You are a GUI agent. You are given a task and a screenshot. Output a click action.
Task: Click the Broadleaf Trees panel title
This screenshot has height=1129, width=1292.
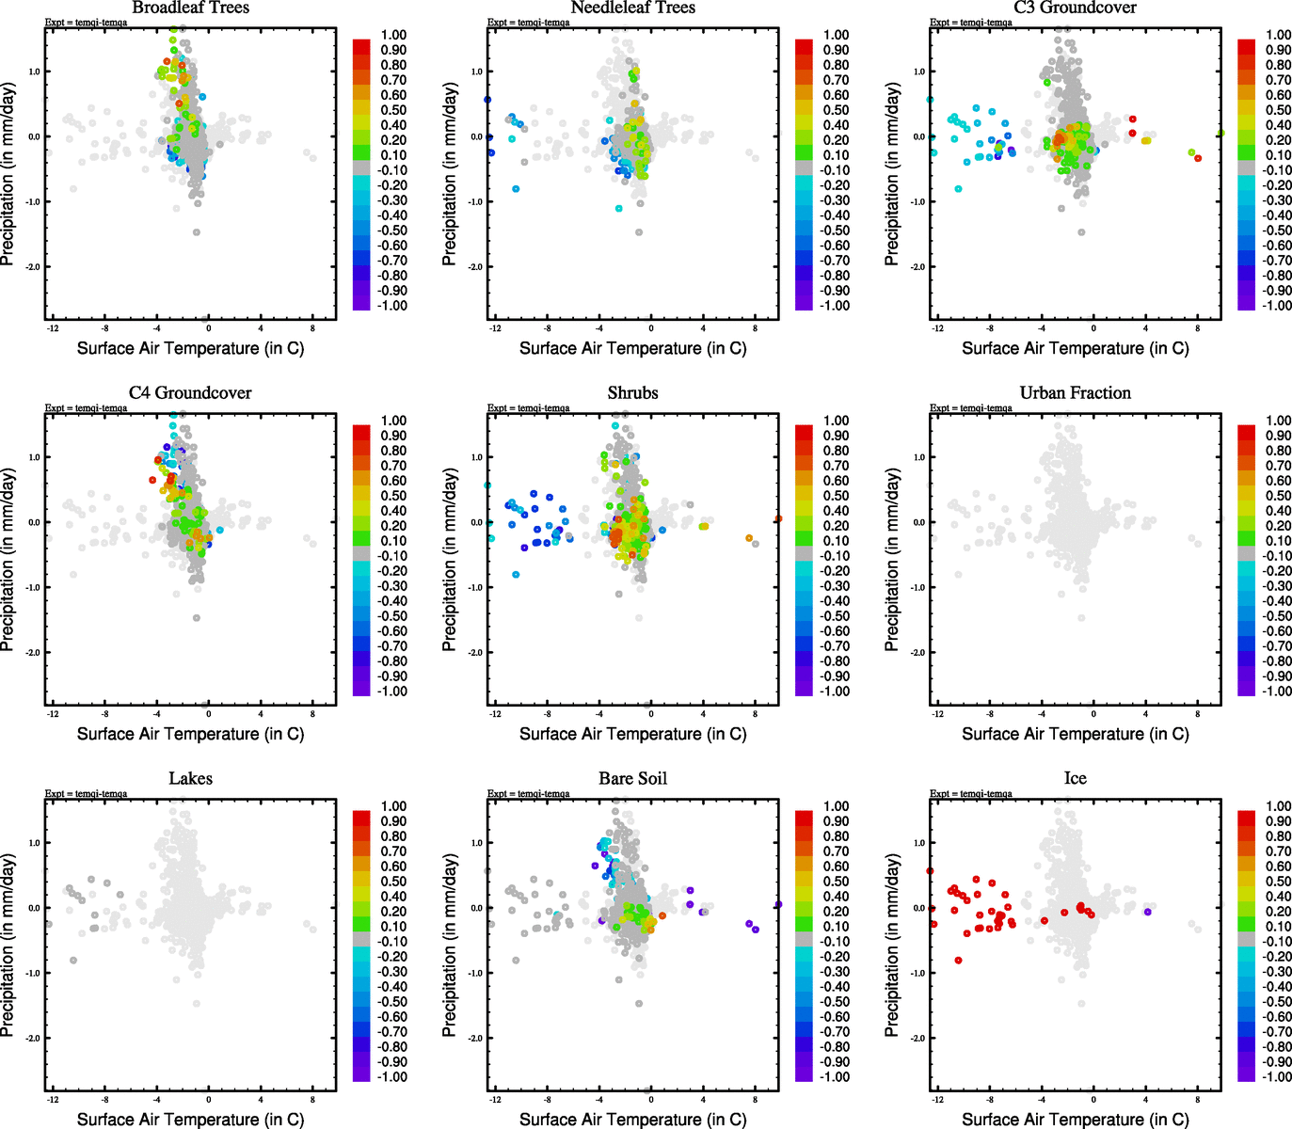[x=190, y=8]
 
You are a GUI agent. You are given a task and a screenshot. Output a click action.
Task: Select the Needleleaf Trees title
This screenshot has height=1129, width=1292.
[x=632, y=8]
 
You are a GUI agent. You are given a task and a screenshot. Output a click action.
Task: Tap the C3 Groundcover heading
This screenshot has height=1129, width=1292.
[x=1075, y=8]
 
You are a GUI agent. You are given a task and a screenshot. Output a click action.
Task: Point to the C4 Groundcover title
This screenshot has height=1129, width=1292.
[x=190, y=393]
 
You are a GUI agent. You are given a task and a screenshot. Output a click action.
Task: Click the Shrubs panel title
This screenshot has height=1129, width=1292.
[x=632, y=393]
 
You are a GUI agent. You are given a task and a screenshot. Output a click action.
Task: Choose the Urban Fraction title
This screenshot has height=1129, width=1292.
[x=1075, y=393]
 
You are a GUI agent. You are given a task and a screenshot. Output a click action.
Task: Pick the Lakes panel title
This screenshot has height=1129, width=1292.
[x=190, y=779]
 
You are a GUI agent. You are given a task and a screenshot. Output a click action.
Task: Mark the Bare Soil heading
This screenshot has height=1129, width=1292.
[x=632, y=779]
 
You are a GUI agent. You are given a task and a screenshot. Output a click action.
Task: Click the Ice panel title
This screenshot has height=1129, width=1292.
[x=1075, y=779]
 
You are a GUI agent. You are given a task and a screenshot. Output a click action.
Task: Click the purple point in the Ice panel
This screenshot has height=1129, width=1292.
[x=1147, y=912]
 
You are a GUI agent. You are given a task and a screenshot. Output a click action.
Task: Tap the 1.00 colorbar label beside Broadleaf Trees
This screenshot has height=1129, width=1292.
[x=393, y=35]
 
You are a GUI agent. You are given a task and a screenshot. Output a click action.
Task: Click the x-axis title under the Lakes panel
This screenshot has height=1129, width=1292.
[x=190, y=1119]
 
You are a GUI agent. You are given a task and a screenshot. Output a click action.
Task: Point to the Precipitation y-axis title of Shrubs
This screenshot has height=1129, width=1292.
[x=450, y=560]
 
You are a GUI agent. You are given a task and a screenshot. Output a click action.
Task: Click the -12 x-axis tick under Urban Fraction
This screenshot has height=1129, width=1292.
[x=937, y=714]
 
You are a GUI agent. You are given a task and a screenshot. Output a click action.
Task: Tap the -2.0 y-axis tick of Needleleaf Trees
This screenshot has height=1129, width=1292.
[x=476, y=266]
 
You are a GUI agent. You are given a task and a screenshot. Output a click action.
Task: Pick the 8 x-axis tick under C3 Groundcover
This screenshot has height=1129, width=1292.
[x=1197, y=328]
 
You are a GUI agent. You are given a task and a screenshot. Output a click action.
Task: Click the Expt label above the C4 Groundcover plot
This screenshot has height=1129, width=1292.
[x=86, y=408]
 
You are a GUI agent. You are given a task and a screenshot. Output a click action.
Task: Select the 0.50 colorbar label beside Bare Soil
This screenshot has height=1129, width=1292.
[x=837, y=882]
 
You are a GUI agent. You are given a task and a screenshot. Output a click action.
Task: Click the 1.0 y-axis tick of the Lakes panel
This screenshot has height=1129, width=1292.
[x=34, y=843]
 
